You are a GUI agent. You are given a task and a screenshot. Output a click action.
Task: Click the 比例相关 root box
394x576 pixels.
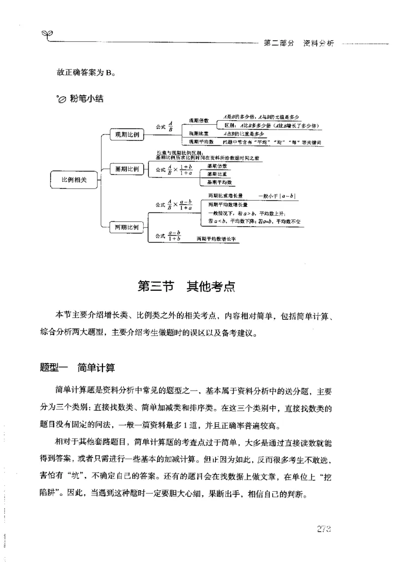pos(74,180)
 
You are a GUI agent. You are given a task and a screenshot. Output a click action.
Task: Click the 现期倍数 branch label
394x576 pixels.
pos(199,120)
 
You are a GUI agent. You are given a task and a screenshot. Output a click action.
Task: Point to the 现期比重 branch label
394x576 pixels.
pos(199,134)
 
